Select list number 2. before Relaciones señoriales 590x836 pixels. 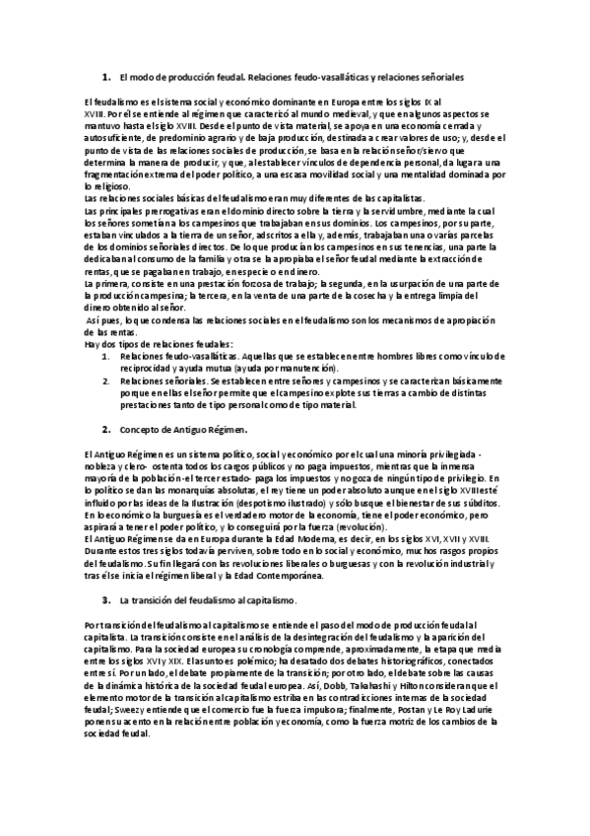click(x=105, y=380)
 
